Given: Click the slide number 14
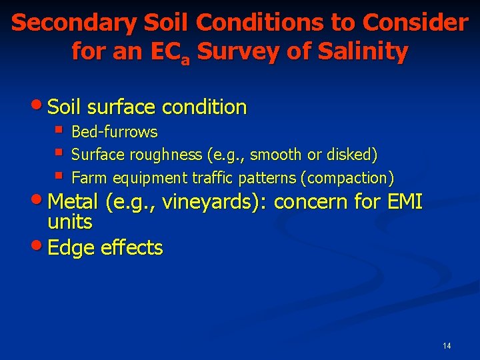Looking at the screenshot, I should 447,345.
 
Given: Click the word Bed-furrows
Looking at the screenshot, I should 114,132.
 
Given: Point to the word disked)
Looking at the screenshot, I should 355,155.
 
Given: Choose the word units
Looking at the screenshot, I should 70,222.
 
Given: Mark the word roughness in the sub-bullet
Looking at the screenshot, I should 171,155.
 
